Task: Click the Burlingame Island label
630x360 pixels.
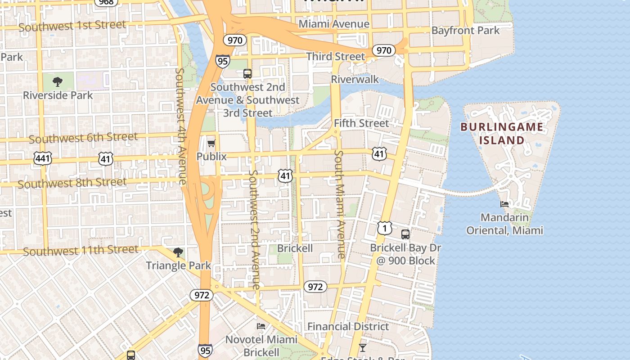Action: click(x=502, y=133)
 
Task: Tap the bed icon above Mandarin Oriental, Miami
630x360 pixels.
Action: click(x=504, y=204)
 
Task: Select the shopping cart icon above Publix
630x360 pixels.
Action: click(x=211, y=143)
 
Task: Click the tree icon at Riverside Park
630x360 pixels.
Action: click(x=57, y=81)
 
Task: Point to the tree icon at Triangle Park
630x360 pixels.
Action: click(x=178, y=252)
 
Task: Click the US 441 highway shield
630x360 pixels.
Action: click(x=42, y=158)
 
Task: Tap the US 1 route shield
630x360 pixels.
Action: click(x=384, y=228)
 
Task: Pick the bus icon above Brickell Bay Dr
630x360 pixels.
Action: click(x=405, y=234)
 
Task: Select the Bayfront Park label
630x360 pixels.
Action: click(x=465, y=31)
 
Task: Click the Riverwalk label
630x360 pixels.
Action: click(x=355, y=80)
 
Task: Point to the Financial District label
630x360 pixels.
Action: click(x=348, y=326)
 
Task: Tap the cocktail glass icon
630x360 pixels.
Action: click(x=362, y=347)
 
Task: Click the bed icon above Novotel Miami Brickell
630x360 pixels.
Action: click(x=261, y=326)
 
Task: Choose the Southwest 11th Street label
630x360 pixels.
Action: click(x=81, y=250)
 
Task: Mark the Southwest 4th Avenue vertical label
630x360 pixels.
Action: click(x=181, y=126)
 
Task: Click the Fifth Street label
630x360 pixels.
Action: click(x=361, y=123)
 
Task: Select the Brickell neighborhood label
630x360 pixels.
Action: click(x=295, y=248)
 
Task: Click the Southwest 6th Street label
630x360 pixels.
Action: click(x=83, y=138)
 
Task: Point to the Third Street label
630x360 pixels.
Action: click(x=335, y=56)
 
